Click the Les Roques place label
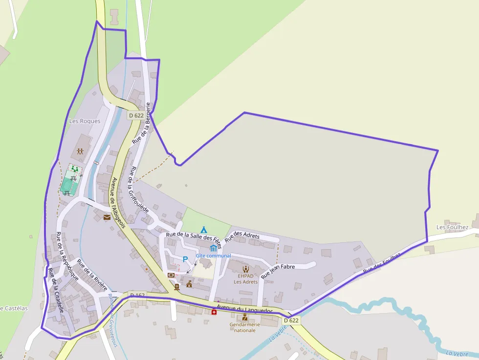(x=85, y=121)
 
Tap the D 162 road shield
(x=137, y=296)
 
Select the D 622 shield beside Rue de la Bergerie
(x=136, y=115)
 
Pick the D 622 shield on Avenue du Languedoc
(x=291, y=320)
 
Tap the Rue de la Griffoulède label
(x=138, y=190)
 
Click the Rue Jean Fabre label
(x=278, y=271)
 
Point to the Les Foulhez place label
(x=452, y=227)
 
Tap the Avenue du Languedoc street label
(x=244, y=310)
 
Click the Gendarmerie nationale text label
(x=244, y=327)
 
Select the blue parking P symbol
(x=185, y=259)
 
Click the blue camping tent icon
(x=204, y=229)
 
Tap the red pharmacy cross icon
(x=214, y=312)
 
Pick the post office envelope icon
(x=107, y=217)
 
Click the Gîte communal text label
(x=213, y=255)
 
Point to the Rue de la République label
(x=67, y=256)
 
